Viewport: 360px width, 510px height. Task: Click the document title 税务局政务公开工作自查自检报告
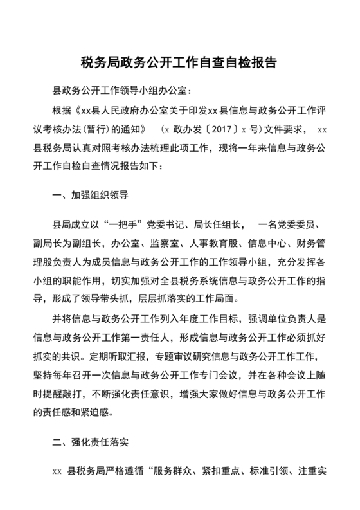179,63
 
